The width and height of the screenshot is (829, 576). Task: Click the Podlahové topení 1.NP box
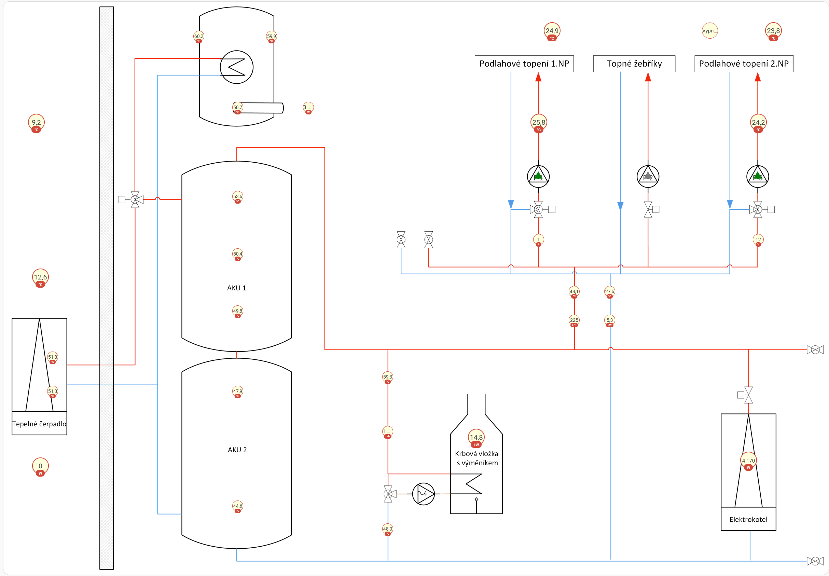tap(524, 64)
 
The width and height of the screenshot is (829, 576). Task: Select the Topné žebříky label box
tap(634, 64)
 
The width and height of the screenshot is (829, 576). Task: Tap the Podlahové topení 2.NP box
tap(744, 64)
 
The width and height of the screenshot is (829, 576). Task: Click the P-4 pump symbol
tap(423, 494)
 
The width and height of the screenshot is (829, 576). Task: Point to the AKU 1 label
tap(236, 288)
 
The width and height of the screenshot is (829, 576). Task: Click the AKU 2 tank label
tap(237, 450)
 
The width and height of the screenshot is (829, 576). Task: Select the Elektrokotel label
tap(748, 519)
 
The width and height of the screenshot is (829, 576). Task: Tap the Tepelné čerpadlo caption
tap(39, 424)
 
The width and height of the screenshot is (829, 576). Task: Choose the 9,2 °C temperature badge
tap(36, 123)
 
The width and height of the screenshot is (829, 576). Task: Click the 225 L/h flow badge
tap(574, 320)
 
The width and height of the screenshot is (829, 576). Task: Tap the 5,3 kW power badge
tap(609, 320)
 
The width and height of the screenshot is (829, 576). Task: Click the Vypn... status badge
tap(709, 31)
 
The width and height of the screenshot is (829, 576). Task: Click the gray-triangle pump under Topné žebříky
tap(648, 177)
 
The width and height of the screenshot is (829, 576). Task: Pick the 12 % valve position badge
tap(758, 240)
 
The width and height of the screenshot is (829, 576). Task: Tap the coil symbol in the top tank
tap(236, 67)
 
